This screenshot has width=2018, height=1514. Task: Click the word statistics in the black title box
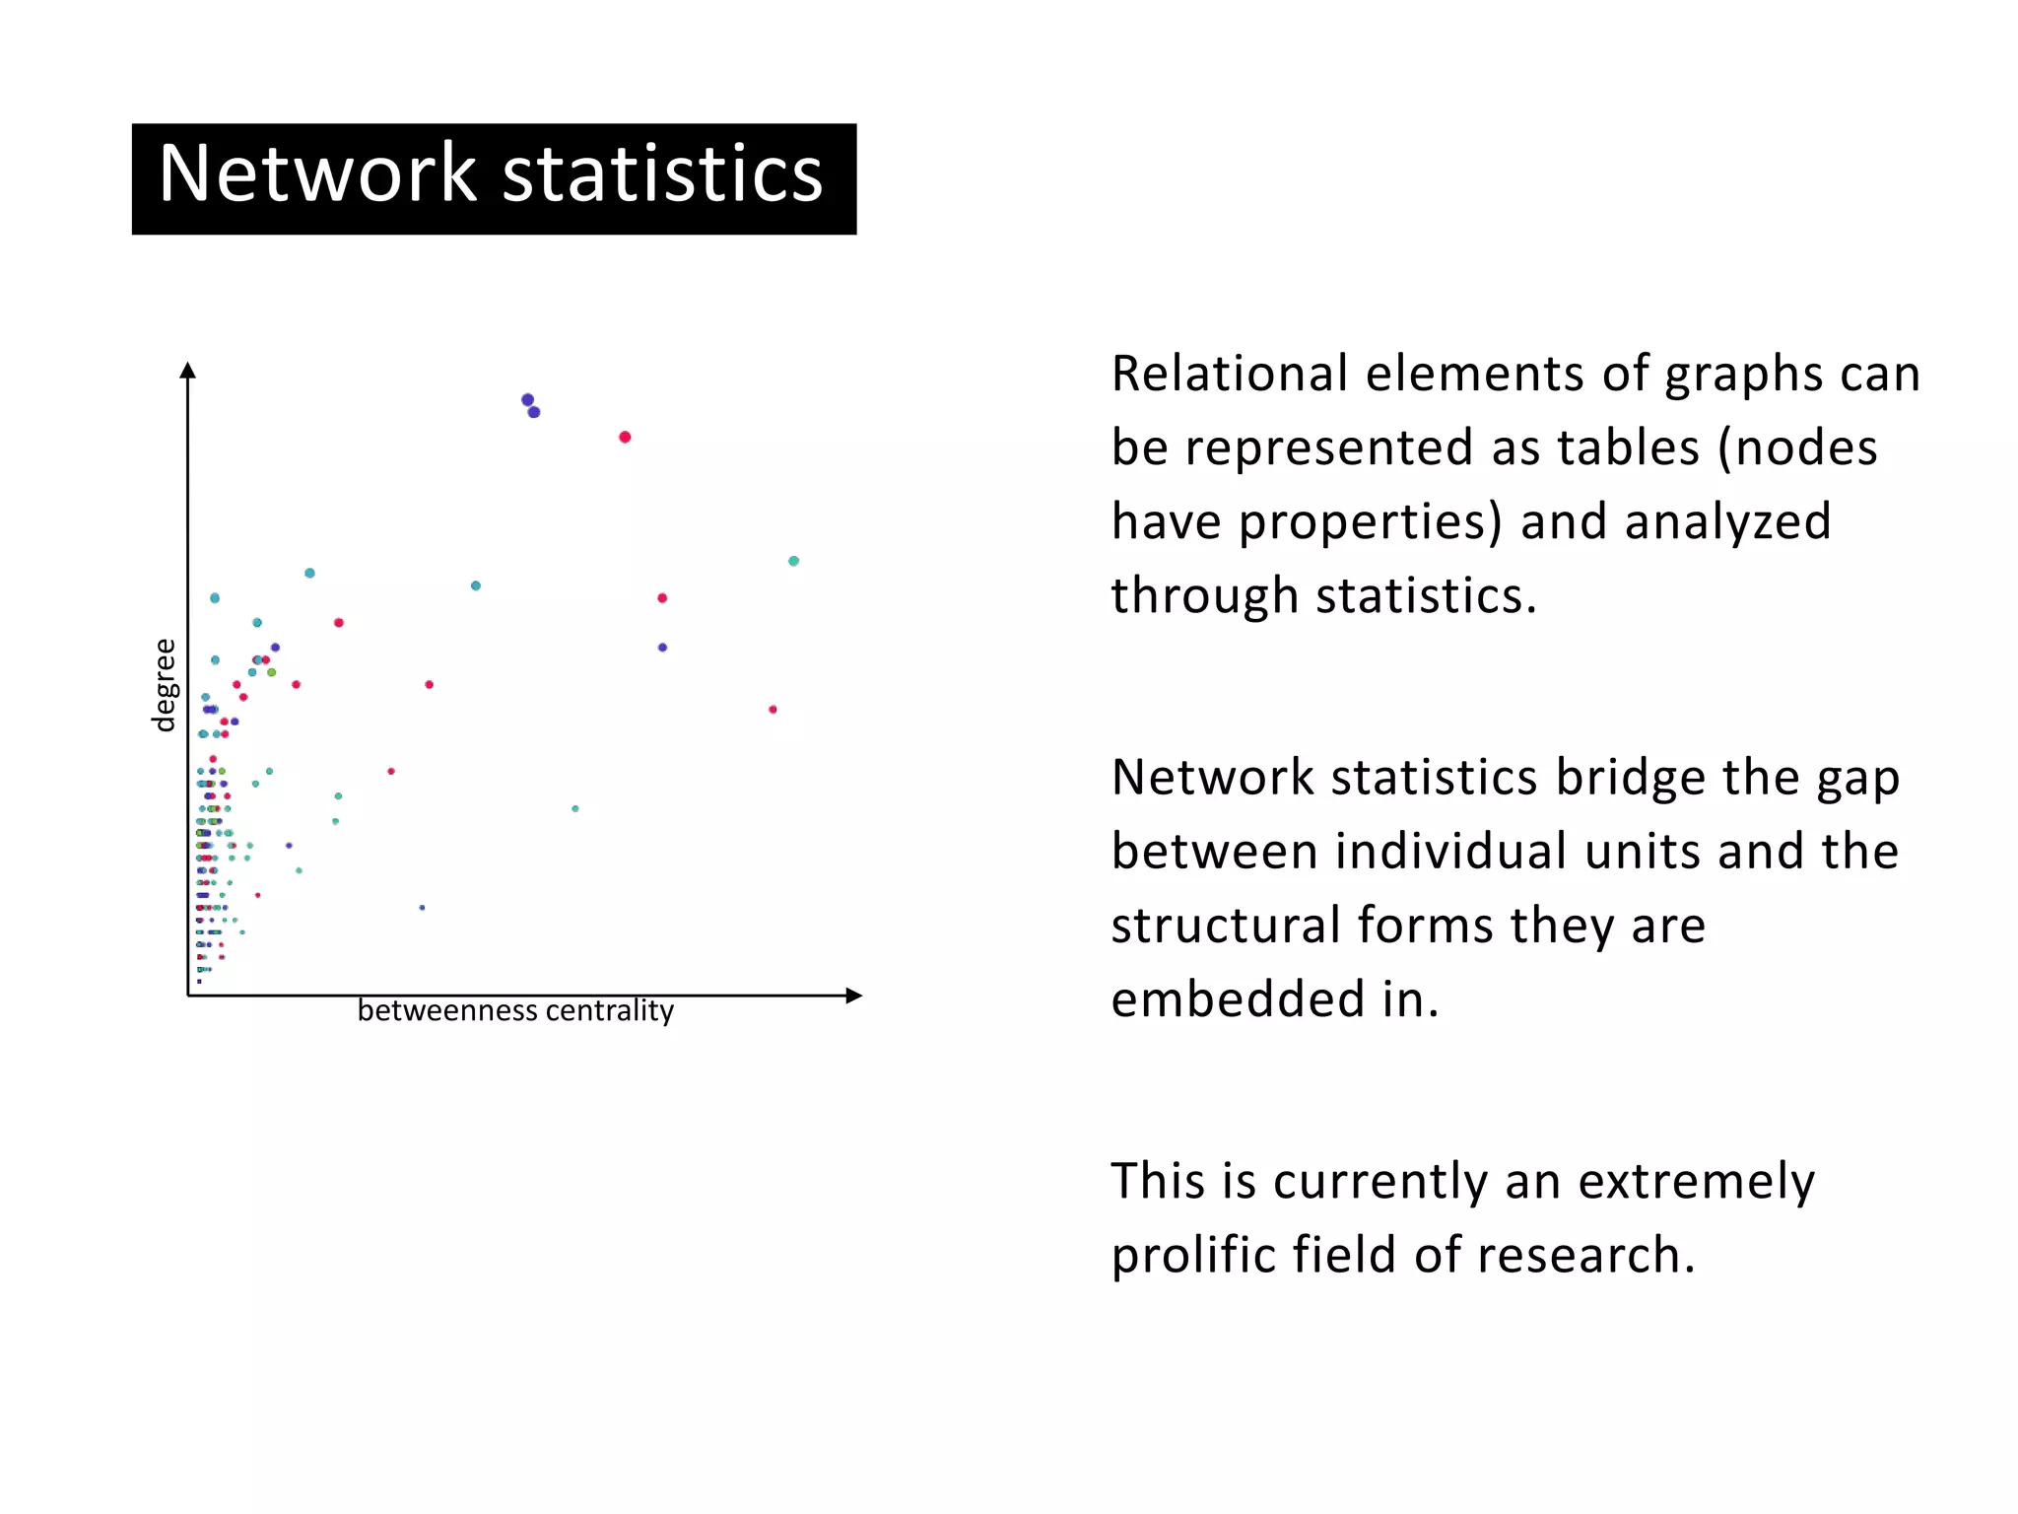(x=662, y=173)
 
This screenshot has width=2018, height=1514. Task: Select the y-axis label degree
(x=165, y=685)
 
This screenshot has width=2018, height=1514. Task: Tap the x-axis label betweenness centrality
(x=515, y=1011)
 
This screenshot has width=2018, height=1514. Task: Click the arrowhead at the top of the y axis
(x=188, y=370)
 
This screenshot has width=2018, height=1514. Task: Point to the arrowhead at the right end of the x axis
(x=854, y=996)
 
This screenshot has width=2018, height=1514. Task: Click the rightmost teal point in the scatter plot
(x=793, y=561)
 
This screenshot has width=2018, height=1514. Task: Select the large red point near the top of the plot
(x=625, y=437)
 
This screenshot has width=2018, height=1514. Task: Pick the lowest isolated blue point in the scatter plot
(x=422, y=908)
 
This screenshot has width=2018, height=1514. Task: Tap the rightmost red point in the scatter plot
(x=773, y=710)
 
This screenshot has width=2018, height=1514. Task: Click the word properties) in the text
(x=1370, y=522)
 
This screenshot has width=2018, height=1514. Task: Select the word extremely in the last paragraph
(x=1696, y=1182)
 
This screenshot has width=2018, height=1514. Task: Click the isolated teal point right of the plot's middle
(x=575, y=809)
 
